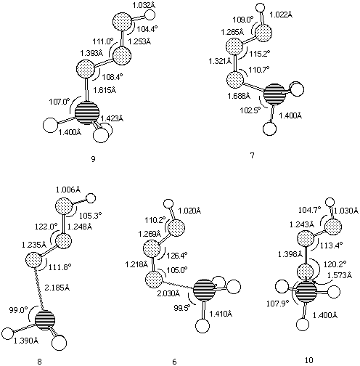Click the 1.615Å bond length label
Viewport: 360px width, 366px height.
tap(105, 90)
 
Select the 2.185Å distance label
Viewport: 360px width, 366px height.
tap(57, 288)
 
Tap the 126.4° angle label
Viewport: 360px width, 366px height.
tap(178, 255)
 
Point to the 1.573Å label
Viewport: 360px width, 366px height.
tap(340, 275)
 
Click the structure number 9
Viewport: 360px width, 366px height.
tap(93, 159)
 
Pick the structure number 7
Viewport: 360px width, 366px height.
tap(252, 155)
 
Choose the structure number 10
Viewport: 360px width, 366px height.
tap(309, 360)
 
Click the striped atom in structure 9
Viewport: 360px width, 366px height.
tap(87, 113)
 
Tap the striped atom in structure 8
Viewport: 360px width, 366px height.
tap(45, 320)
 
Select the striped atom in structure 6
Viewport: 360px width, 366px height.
tap(205, 290)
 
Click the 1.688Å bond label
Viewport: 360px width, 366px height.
tap(239, 96)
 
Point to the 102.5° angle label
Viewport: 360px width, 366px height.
tap(250, 110)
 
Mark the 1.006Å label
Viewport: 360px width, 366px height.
tap(68, 190)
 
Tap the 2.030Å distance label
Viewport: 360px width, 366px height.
tap(168, 293)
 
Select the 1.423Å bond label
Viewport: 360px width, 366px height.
tap(112, 118)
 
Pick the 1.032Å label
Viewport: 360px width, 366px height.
tap(144, 6)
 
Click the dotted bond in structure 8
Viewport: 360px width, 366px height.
tap(39, 288)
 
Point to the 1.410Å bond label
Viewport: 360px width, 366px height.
tap(221, 314)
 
